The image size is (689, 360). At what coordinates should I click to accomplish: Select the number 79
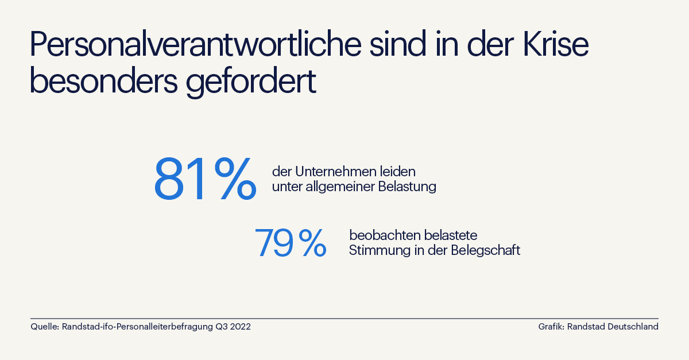[274, 242]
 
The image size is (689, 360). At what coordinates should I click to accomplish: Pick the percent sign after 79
[312, 242]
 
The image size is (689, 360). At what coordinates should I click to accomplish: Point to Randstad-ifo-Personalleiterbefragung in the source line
[137, 327]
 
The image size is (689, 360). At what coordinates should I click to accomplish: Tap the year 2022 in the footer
[240, 327]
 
